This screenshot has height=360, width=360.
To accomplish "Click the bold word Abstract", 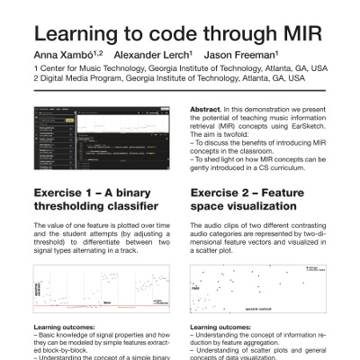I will (207, 109).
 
